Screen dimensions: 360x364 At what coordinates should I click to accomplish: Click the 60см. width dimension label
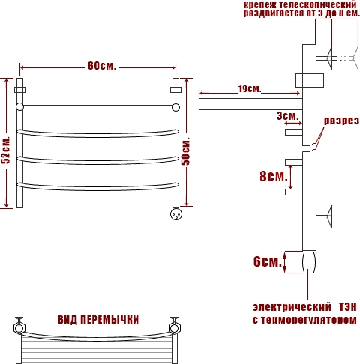click(102, 66)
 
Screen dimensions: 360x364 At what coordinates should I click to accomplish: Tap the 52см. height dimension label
click(6, 150)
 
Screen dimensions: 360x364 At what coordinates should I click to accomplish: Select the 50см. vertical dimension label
click(186, 151)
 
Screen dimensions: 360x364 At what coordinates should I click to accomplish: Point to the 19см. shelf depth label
click(250, 89)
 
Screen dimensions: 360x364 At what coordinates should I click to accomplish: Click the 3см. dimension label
click(288, 116)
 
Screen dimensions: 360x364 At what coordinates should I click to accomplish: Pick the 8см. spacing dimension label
click(274, 176)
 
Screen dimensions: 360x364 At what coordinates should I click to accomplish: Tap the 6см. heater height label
click(268, 261)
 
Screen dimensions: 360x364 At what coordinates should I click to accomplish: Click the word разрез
click(341, 121)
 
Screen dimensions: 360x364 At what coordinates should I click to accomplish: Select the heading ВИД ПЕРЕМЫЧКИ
click(98, 320)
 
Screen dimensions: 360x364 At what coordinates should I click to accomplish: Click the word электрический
click(292, 307)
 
